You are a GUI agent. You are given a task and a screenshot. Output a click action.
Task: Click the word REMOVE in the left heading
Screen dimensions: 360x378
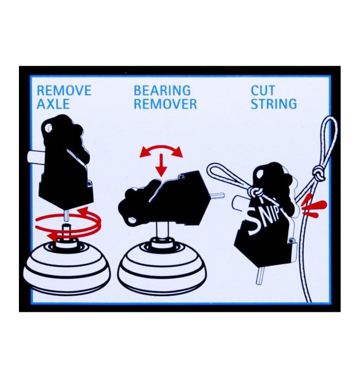[x=64, y=90]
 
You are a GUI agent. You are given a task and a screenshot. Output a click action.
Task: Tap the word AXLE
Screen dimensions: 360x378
[x=53, y=104]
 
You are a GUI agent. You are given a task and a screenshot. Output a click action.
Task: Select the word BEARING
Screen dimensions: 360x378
[x=162, y=90]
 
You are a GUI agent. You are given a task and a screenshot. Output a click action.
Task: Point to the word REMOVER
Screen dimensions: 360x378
[x=165, y=104]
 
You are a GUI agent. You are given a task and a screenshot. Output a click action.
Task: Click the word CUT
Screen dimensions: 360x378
[x=263, y=90]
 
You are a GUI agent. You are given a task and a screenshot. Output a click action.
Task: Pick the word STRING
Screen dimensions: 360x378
[x=274, y=104]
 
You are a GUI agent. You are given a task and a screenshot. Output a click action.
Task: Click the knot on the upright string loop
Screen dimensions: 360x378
[x=318, y=174]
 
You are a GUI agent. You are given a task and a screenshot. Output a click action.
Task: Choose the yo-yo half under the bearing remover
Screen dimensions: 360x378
[x=162, y=268]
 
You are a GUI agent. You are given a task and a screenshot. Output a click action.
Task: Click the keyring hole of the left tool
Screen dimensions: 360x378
[x=48, y=127]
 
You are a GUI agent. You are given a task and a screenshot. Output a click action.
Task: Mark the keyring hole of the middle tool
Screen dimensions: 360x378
[x=131, y=219]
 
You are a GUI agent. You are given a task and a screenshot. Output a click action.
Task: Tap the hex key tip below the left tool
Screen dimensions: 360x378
[x=67, y=215]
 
